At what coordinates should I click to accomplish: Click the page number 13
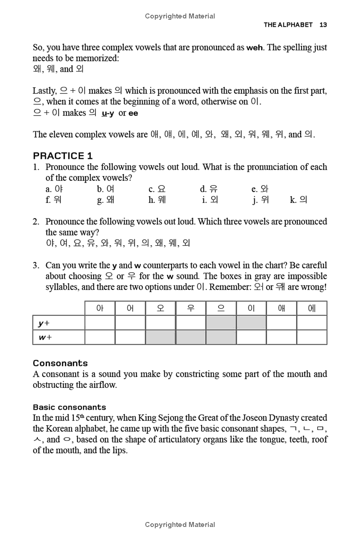(323, 25)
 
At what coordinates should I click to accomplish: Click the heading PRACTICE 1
(63, 156)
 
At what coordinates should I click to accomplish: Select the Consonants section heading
(60, 363)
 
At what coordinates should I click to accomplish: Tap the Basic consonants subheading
(69, 407)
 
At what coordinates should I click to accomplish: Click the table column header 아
(100, 308)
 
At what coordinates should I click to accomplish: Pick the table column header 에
(311, 308)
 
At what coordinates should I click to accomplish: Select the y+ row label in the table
(44, 323)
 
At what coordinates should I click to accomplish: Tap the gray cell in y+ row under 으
(221, 323)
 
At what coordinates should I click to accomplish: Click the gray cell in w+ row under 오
(160, 337)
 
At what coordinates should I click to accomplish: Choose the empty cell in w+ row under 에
(311, 337)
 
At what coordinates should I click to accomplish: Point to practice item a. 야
(54, 189)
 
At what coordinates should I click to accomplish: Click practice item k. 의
(299, 200)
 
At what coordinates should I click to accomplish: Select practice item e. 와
(260, 189)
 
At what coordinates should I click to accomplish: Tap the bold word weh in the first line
(255, 48)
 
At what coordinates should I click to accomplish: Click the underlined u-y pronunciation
(108, 113)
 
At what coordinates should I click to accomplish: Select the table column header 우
(190, 308)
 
